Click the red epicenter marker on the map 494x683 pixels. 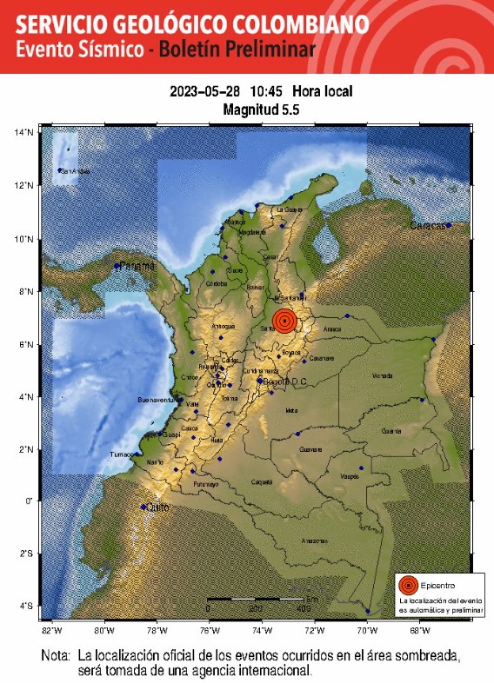pos(284,321)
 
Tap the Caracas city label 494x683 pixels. pos(427,226)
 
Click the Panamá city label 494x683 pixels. pos(137,265)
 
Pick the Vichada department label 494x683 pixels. pos(382,376)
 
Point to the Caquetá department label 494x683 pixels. pos(262,481)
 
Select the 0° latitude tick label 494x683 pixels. pos(29,501)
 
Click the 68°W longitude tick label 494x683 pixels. pos(419,630)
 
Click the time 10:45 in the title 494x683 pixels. pos(266,91)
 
